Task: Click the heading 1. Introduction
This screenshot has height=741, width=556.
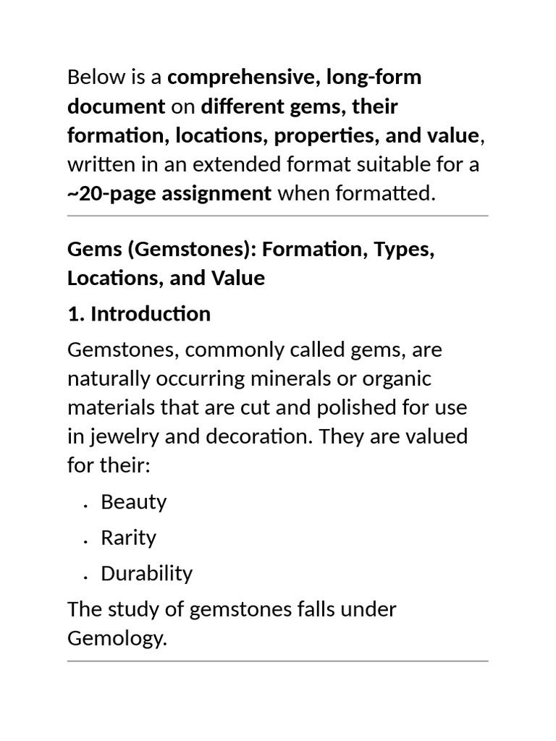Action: coord(139,314)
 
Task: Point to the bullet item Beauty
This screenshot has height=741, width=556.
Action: coord(134,501)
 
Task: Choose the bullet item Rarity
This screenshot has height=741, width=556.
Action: coord(128,538)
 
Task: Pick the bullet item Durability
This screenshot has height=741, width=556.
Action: coord(146,574)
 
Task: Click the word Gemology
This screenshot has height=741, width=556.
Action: coord(117,638)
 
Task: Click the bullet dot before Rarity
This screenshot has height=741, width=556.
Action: coord(85,541)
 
